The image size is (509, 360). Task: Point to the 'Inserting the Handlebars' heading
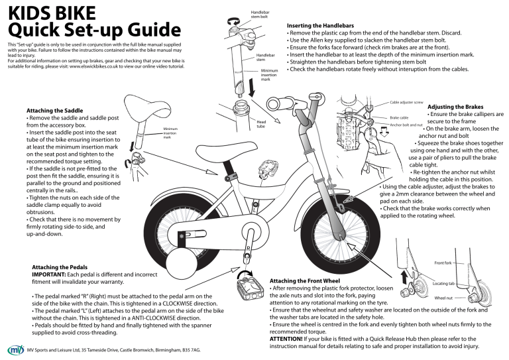(x=321, y=25)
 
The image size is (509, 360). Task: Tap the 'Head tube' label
(x=261, y=125)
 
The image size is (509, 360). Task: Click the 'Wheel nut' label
(x=443, y=298)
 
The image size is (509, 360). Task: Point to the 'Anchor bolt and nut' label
(x=406, y=125)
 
